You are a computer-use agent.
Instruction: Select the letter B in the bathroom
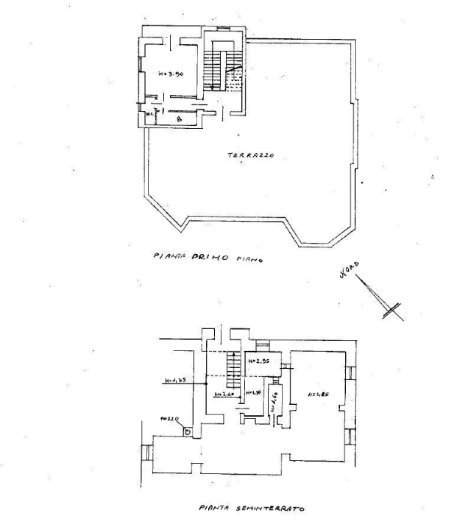(x=179, y=119)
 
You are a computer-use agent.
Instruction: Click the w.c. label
(x=149, y=114)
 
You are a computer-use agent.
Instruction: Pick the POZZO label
(x=170, y=420)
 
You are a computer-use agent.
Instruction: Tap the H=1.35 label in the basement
(x=174, y=381)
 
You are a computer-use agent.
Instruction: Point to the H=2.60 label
(x=224, y=394)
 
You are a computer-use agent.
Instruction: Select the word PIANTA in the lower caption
(x=213, y=507)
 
